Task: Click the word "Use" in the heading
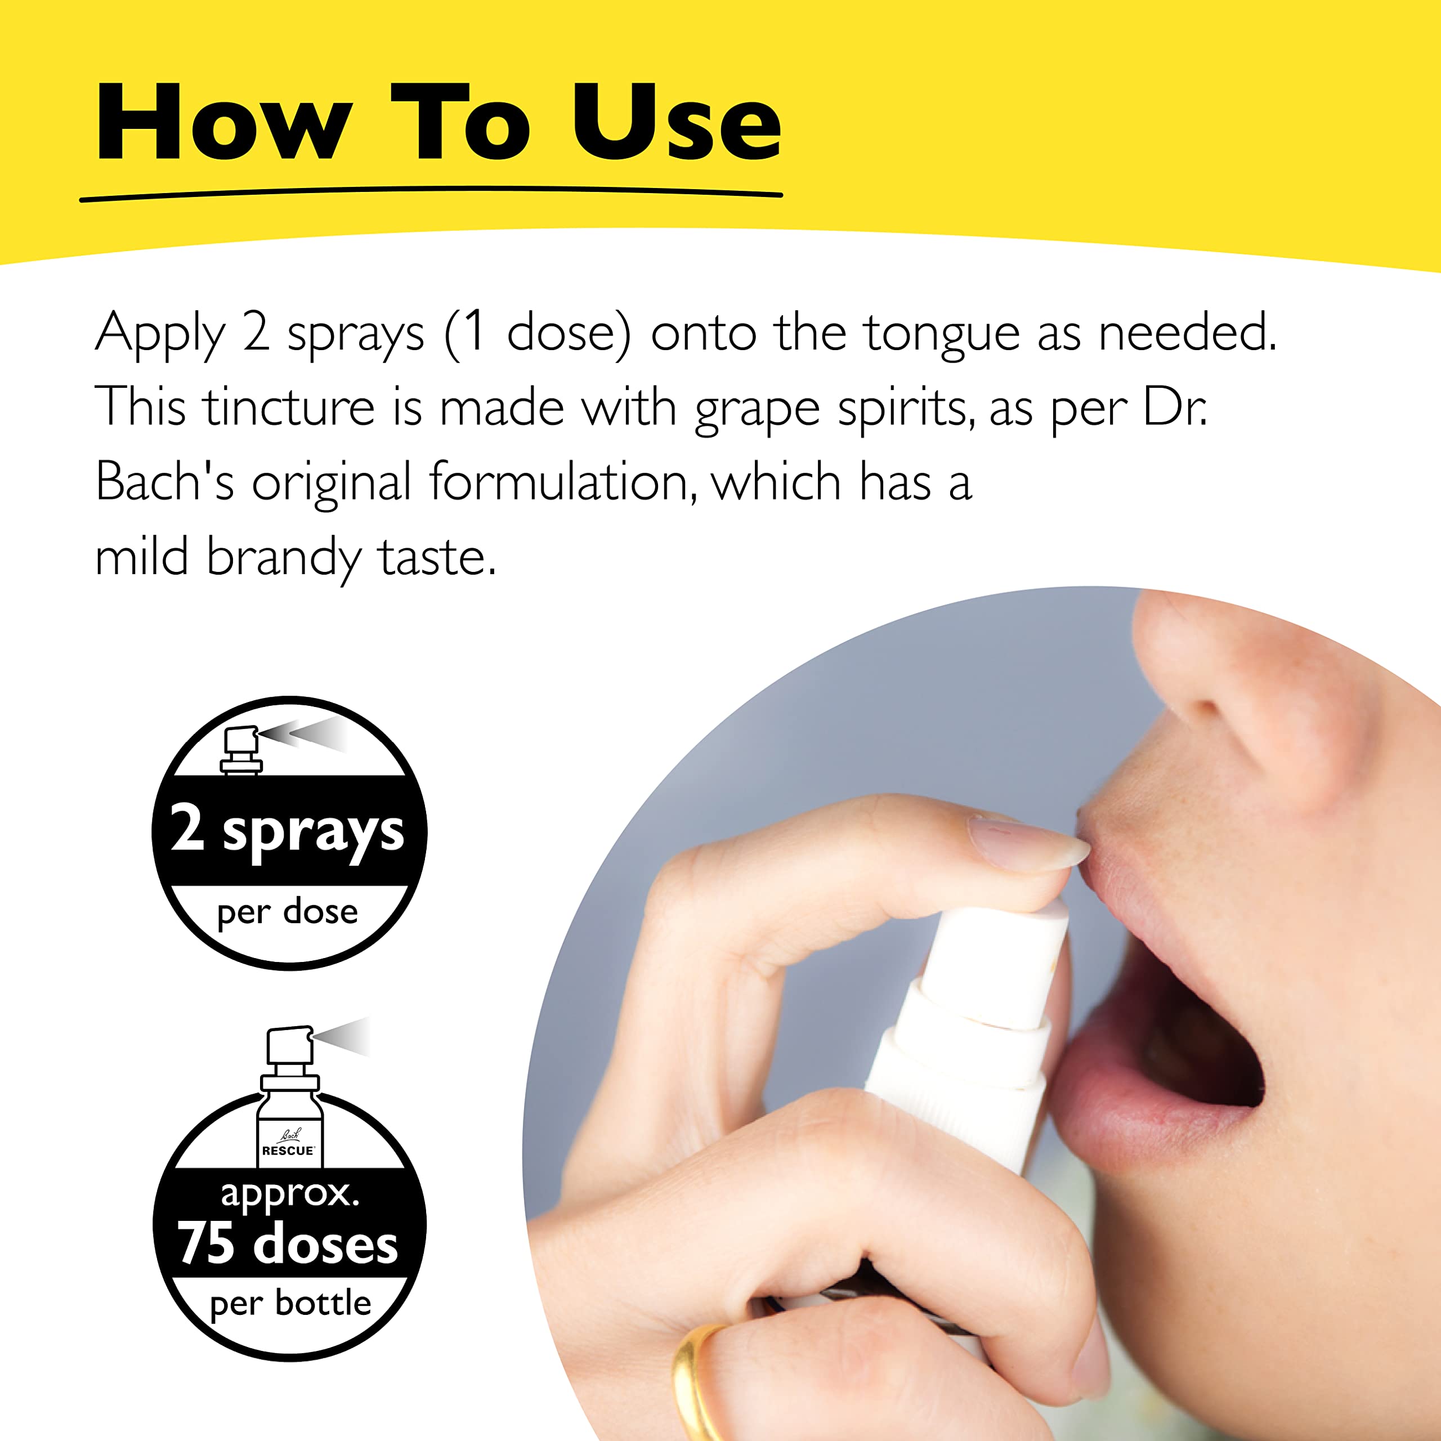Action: [x=675, y=123]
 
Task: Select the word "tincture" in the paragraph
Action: [x=289, y=408]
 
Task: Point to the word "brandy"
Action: [x=284, y=558]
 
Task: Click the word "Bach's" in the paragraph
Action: [x=165, y=482]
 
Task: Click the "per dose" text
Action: [x=287, y=911]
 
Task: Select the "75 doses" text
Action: [x=287, y=1243]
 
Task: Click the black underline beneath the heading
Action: [x=431, y=195]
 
